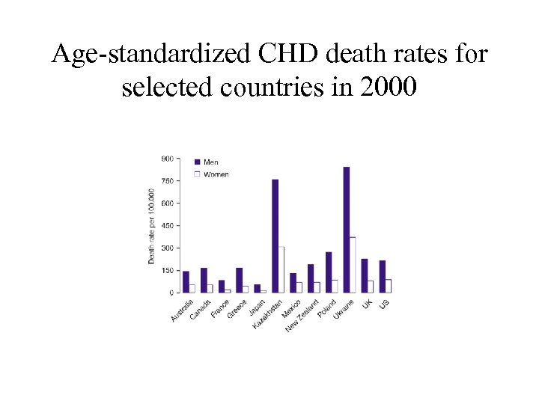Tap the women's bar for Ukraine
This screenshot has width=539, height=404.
353,265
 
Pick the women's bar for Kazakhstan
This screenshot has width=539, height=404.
281,269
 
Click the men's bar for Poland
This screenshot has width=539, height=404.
329,272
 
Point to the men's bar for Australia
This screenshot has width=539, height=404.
186,282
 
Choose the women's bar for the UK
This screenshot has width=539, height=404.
370,287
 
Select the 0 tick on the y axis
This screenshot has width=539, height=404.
171,293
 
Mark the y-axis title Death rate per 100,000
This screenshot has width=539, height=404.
151,225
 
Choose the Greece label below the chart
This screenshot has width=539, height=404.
237,308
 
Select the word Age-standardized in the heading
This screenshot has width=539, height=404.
149,54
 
